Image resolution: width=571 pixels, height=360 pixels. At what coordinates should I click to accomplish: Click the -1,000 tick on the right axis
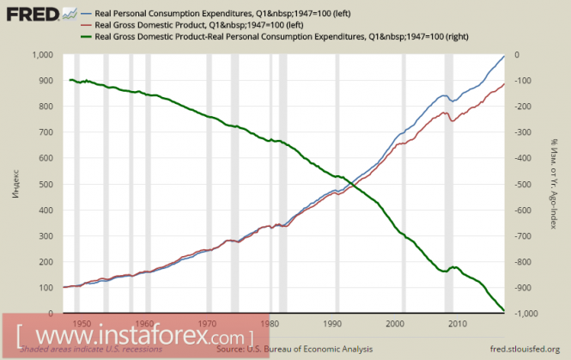[523, 313]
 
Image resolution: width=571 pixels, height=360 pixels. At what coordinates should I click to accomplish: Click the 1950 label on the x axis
[82, 324]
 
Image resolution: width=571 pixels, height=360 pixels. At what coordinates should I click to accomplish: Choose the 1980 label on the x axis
[270, 324]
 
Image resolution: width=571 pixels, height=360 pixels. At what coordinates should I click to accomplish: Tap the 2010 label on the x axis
[458, 324]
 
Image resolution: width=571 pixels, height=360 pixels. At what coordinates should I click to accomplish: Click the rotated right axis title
[556, 184]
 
